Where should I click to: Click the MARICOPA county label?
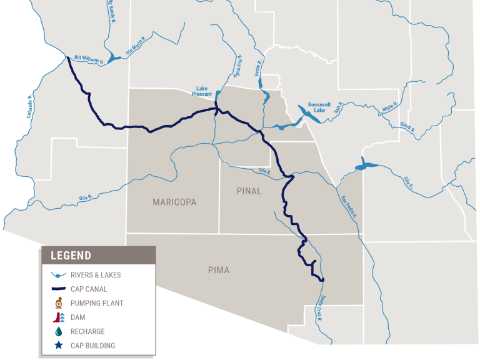174,202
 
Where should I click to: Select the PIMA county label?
219,270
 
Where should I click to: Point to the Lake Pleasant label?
202,91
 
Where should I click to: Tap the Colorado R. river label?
28,107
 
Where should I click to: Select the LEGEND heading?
71,255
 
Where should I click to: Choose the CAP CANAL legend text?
89,289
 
